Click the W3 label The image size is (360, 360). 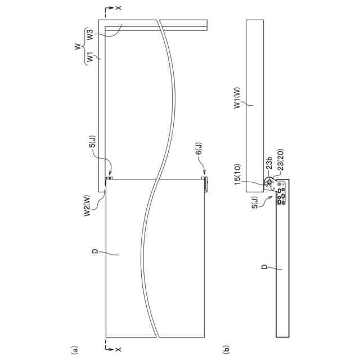(x=91, y=34)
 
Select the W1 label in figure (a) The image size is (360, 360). (x=91, y=57)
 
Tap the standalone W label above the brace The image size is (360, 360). (x=78, y=46)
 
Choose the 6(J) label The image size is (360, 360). (x=199, y=148)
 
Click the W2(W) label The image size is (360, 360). (x=87, y=205)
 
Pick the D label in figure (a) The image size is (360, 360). (x=95, y=251)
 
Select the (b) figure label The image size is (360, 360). (x=226, y=349)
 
